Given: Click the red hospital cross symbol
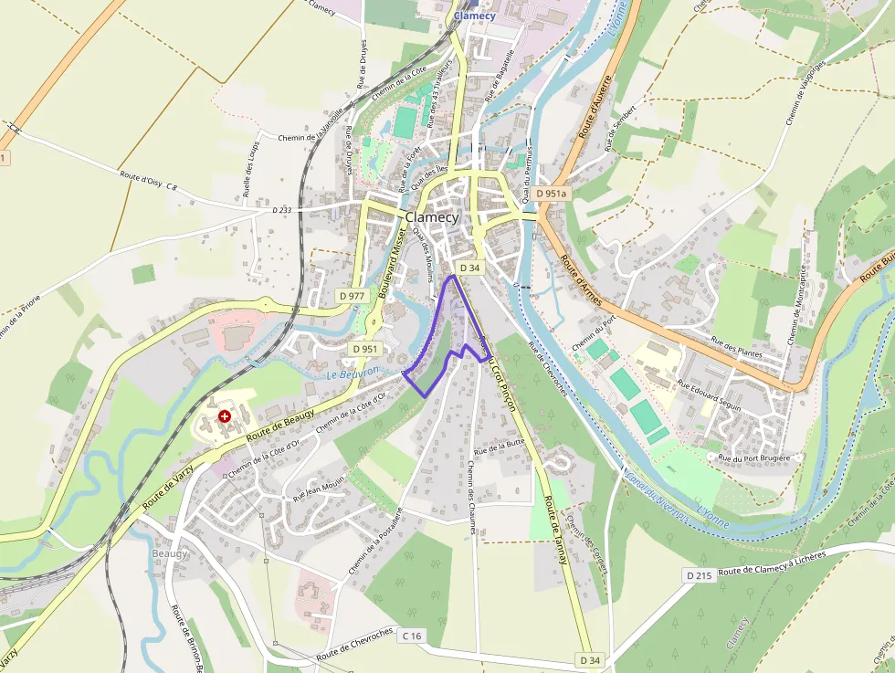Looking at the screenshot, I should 225,415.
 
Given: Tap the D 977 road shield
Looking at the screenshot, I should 352,296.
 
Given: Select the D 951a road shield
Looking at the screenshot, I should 552,194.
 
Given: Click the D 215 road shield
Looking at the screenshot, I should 699,575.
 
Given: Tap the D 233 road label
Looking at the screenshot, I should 282,210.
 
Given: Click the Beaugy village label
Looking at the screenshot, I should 170,553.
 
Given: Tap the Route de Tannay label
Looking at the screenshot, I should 555,530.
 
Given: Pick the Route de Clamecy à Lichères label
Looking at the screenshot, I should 772,564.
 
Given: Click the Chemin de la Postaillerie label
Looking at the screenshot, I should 375,541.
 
